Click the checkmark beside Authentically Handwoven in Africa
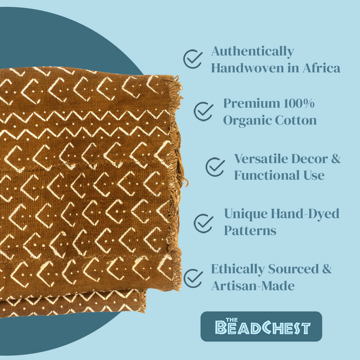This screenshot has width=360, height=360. point(193,59)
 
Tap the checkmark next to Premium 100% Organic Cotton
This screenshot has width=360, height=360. point(203,111)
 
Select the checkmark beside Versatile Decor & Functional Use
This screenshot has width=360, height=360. point(215,167)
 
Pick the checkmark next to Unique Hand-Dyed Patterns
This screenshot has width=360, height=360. point(204,222)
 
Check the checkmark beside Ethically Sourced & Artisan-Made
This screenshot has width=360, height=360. point(193,278)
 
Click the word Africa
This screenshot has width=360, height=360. point(320,67)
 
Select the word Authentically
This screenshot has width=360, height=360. point(253,51)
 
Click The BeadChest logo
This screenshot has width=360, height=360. point(261,326)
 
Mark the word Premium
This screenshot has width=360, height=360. point(247,103)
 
